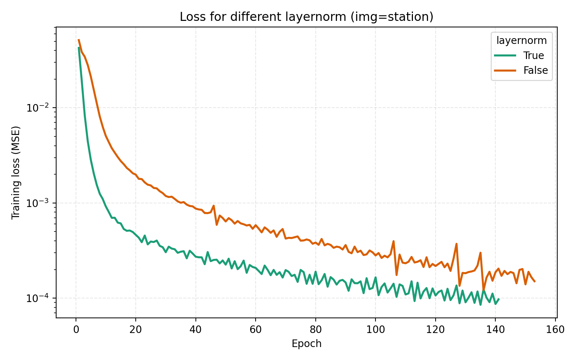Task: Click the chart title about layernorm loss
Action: tap(306, 17)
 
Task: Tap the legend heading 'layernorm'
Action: tap(522, 41)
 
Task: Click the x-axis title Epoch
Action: tap(306, 344)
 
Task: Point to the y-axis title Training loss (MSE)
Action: tap(16, 172)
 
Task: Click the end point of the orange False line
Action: tap(535, 282)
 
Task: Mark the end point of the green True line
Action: tap(499, 299)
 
